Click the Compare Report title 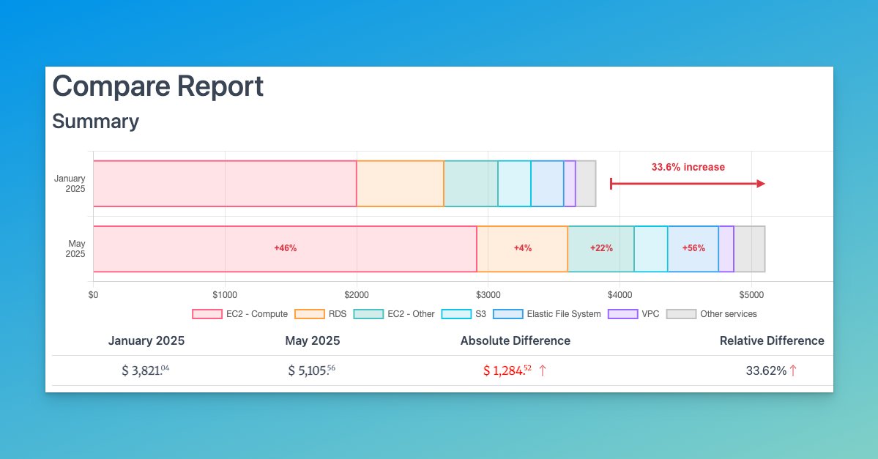pyautogui.click(x=157, y=86)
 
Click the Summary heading pyautogui.click(x=95, y=121)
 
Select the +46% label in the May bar pyautogui.click(x=285, y=248)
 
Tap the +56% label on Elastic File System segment pyautogui.click(x=693, y=248)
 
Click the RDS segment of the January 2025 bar pyautogui.click(x=400, y=183)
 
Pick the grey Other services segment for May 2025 pyautogui.click(x=749, y=249)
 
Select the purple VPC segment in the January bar pyautogui.click(x=570, y=183)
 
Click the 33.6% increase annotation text pyautogui.click(x=688, y=167)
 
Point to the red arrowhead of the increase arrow pyautogui.click(x=761, y=183)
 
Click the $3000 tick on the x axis pyautogui.click(x=488, y=295)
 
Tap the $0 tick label pyautogui.click(x=93, y=295)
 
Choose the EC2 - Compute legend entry pyautogui.click(x=239, y=314)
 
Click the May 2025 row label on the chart pyautogui.click(x=75, y=249)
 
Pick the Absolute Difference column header pyautogui.click(x=515, y=340)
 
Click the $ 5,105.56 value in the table pyautogui.click(x=311, y=370)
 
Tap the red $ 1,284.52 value pyautogui.click(x=507, y=370)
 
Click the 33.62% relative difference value pyautogui.click(x=766, y=370)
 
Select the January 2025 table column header pyautogui.click(x=146, y=340)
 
